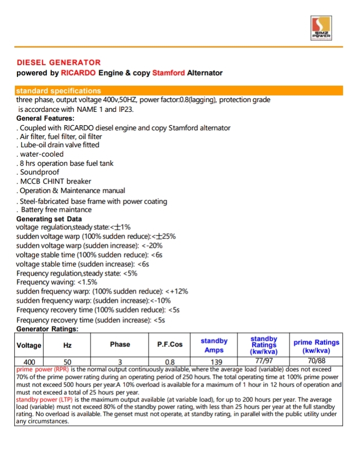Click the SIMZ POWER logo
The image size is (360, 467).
point(323,28)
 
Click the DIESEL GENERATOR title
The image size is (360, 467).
point(58,63)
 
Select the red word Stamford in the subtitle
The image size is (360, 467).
point(168,73)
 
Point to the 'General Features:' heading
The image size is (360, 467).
point(45,119)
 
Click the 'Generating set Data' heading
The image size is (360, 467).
point(49,219)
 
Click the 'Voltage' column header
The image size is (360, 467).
point(29,345)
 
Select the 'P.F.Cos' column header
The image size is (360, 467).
point(170,345)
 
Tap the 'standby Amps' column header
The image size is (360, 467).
point(214,345)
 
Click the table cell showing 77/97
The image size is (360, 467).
point(264,361)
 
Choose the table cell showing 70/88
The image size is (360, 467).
point(316,361)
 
